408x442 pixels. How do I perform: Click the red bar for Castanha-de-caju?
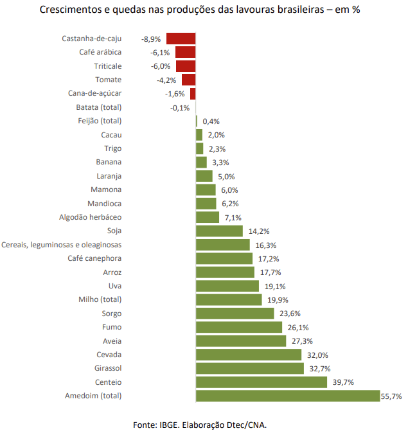181,39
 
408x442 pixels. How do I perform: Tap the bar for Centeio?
261,382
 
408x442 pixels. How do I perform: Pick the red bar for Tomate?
188,80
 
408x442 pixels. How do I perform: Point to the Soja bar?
219,231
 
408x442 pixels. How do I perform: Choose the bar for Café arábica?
185,52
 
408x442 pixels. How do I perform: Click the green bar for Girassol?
250,368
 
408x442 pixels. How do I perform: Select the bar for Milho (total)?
229,299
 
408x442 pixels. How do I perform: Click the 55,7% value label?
391,396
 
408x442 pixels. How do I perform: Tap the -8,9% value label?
150,39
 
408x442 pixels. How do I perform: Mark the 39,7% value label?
343,382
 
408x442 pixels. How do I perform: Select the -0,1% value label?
180,107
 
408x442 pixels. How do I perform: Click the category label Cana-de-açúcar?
94,93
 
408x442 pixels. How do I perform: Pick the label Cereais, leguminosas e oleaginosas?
62,245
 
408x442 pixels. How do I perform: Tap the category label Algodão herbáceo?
90,217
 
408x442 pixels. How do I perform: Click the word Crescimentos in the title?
72,11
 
